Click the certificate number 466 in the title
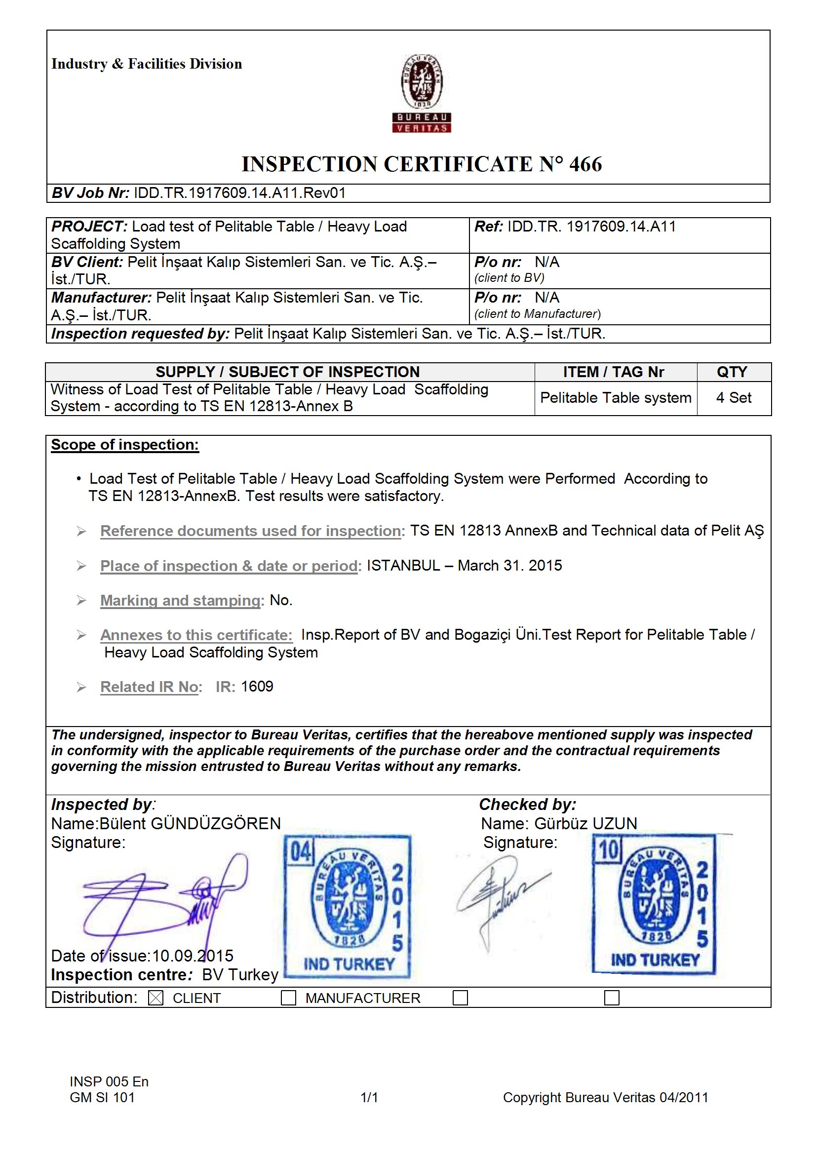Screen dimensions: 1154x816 [x=585, y=165]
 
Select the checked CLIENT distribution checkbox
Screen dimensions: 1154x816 [x=156, y=998]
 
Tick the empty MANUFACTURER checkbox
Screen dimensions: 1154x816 [x=288, y=998]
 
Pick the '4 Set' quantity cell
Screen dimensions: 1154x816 [x=733, y=397]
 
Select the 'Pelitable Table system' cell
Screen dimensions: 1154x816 [x=616, y=397]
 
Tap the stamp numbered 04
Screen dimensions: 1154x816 [x=348, y=907]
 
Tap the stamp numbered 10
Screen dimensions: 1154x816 [x=654, y=904]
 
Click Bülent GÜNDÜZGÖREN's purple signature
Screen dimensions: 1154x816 [x=166, y=900]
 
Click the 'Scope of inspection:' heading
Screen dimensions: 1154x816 [x=125, y=445]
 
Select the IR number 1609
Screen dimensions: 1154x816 [x=257, y=687]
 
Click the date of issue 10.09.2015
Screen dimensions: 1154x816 [x=193, y=956]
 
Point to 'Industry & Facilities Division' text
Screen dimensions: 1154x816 [x=146, y=64]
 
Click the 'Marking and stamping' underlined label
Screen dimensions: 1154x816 [x=180, y=600]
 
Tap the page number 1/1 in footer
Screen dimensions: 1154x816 [x=369, y=1097]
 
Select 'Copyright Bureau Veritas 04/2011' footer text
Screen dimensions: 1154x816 [x=605, y=1097]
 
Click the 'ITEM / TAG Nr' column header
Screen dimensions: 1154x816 [x=614, y=372]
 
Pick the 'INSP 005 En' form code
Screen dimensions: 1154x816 [x=109, y=1081]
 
